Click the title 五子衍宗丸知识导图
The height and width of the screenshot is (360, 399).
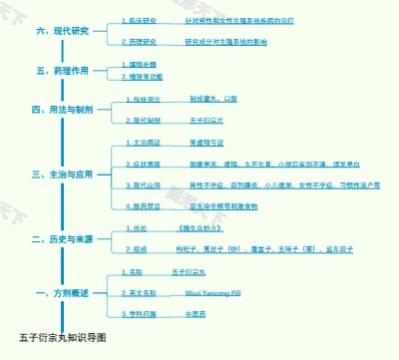[61, 337]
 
